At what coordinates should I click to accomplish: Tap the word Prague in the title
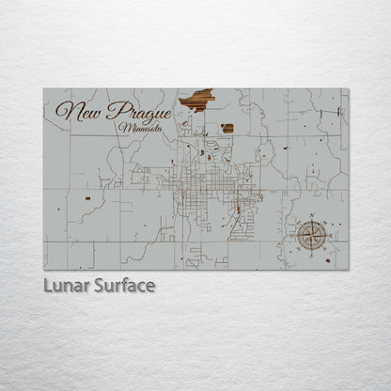point(137,112)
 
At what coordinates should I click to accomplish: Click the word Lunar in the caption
point(66,285)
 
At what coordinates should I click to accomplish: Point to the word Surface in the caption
point(123,285)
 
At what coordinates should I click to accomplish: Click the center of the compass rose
point(313,235)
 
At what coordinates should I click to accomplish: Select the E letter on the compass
point(330,235)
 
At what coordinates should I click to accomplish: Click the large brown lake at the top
point(197,99)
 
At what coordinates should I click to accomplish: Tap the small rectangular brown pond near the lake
point(227,128)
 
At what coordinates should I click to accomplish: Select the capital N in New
point(63,110)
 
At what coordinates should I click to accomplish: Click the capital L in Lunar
point(48,285)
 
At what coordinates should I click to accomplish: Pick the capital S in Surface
point(99,285)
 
